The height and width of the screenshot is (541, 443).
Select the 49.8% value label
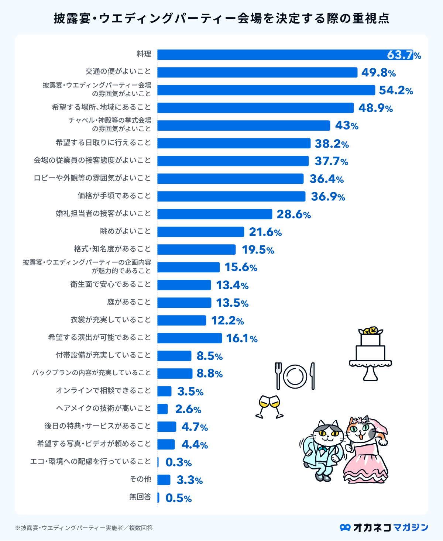pyautogui.click(x=378, y=73)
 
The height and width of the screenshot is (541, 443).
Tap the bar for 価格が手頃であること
pyautogui.click(x=231, y=196)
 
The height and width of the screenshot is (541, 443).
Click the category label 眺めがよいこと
pyautogui.click(x=126, y=231)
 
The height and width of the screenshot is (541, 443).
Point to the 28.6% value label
pyautogui.click(x=293, y=214)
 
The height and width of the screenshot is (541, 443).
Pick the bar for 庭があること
pyautogui.click(x=184, y=303)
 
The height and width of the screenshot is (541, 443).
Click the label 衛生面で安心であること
pyautogui.click(x=111, y=285)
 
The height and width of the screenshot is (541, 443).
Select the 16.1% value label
pyautogui.click(x=241, y=338)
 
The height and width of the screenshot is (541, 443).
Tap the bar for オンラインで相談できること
pyautogui.click(x=164, y=391)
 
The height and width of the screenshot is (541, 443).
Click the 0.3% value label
pyautogui.click(x=178, y=462)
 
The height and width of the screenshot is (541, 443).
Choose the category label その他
pyautogui.click(x=140, y=479)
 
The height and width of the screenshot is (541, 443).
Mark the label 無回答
pyautogui.click(x=140, y=497)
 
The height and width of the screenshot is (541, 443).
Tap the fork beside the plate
pyautogui.click(x=278, y=375)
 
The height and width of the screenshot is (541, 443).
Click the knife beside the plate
pyautogui.click(x=312, y=376)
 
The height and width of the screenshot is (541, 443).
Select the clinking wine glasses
pyautogui.click(x=269, y=406)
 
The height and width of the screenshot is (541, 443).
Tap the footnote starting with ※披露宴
pyautogui.click(x=84, y=528)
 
